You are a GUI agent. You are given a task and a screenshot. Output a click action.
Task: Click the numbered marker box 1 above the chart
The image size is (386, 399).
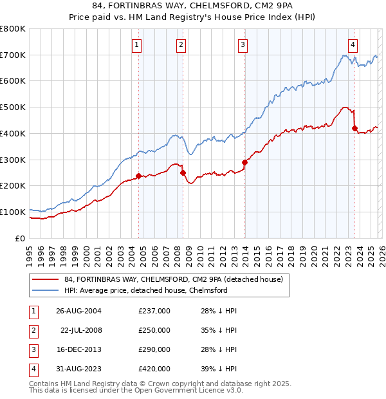(x=138, y=44)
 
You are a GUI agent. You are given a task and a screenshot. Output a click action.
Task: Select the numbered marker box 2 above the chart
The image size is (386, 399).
(x=181, y=44)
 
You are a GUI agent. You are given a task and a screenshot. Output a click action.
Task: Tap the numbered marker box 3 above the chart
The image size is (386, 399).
(x=243, y=44)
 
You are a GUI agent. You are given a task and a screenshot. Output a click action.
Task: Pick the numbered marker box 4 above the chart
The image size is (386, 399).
(x=353, y=44)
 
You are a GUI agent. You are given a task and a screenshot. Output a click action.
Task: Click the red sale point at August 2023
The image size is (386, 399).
(x=354, y=128)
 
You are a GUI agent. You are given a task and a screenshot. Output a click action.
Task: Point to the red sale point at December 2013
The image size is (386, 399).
(x=244, y=162)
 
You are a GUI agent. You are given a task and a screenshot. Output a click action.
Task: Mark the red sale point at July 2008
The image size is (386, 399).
(x=183, y=172)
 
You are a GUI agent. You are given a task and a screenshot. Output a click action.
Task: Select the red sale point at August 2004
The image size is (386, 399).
(x=139, y=176)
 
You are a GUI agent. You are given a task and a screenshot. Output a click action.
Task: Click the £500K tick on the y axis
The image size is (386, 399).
(x=13, y=107)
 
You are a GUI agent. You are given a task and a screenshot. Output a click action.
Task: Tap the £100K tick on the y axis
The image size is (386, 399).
(x=13, y=212)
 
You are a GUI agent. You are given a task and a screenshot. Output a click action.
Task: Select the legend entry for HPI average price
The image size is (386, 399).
(x=146, y=290)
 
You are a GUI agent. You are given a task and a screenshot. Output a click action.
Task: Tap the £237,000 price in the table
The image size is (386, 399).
(x=154, y=311)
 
